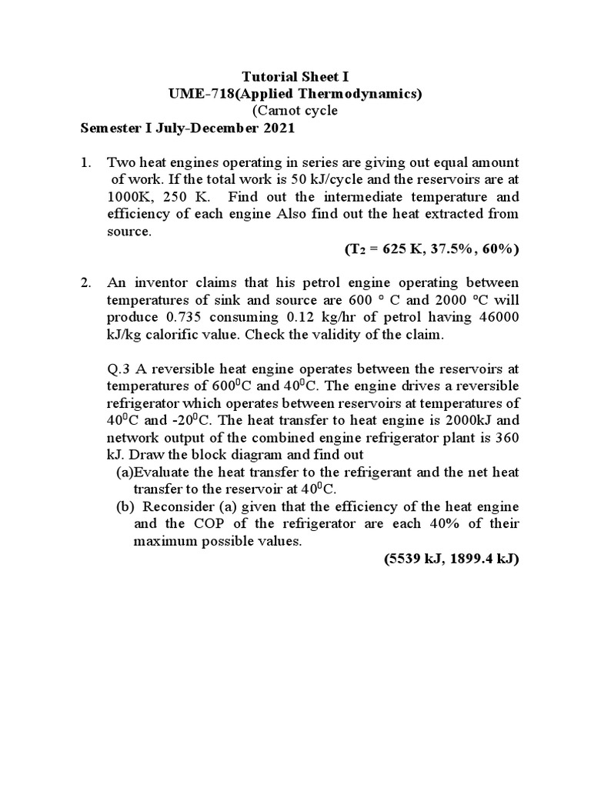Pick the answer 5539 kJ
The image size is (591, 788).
point(414,559)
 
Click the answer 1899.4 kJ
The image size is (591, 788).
point(486,559)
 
